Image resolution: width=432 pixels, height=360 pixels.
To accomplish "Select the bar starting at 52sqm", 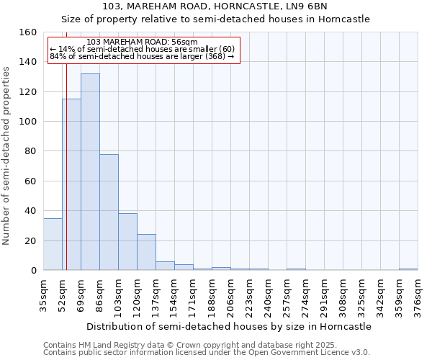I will [x=71, y=184].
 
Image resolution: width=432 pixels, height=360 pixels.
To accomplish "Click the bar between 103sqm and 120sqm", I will [x=127, y=241].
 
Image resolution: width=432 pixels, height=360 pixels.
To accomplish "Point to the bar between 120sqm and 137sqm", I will [x=146, y=252].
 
